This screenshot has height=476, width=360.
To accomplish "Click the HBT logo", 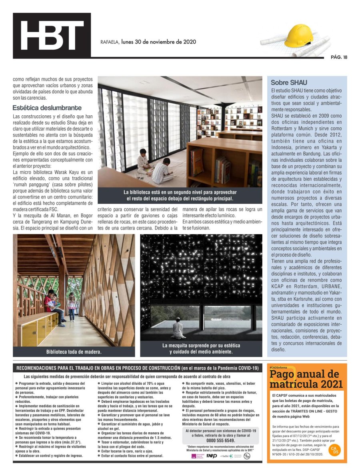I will tap(52, 36).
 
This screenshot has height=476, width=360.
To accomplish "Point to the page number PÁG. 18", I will tap(339, 57).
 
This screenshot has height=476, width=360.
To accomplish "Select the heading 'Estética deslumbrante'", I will tap(47, 108).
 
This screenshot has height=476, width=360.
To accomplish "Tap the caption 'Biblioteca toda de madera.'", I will tap(74, 352).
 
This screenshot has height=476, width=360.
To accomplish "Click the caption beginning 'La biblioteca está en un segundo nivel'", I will tap(180, 195).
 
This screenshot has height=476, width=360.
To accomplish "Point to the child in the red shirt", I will tap(50, 303).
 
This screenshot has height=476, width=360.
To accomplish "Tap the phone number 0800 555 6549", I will tap(221, 440).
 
